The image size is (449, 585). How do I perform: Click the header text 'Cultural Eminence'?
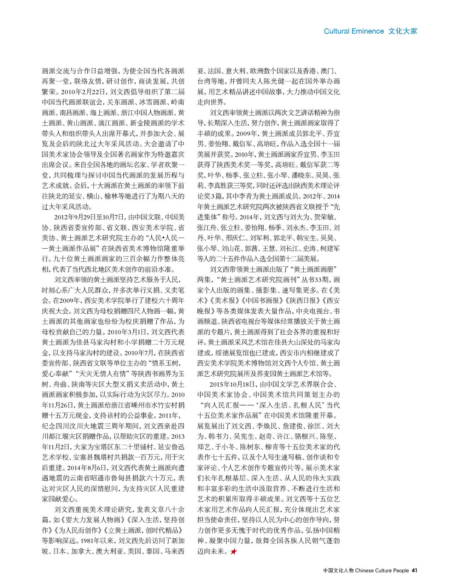click(354, 31)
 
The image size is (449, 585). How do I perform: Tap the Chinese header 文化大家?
click(403, 31)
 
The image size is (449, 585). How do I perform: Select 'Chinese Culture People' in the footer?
click(382, 570)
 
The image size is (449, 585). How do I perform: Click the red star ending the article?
click(233, 551)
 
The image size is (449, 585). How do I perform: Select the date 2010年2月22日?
click(84, 92)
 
